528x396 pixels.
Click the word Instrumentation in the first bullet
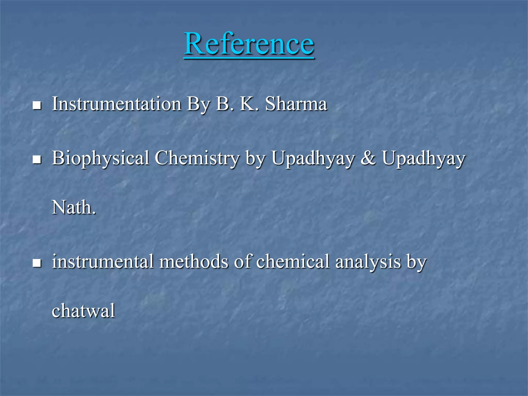pyautogui.click(x=117, y=104)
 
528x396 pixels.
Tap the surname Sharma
pyautogui.click(x=296, y=104)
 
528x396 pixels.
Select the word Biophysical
pyautogui.click(x=101, y=158)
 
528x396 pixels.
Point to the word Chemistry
pyautogui.click(x=197, y=158)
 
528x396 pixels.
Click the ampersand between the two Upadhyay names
pyautogui.click(x=368, y=158)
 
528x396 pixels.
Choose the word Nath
pyautogui.click(x=73, y=207)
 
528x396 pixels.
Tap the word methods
pyautogui.click(x=194, y=261)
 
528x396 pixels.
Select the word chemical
pyautogui.click(x=293, y=261)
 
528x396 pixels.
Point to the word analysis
pyautogui.click(x=368, y=262)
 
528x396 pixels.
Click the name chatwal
pyautogui.click(x=83, y=311)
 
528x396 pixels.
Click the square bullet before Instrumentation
pyautogui.click(x=37, y=105)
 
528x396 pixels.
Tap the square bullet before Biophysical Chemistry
pyautogui.click(x=37, y=159)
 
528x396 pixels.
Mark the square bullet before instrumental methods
pyautogui.click(x=37, y=263)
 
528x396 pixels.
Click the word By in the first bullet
pyautogui.click(x=199, y=104)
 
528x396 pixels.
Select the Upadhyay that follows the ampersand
pyautogui.click(x=424, y=158)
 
